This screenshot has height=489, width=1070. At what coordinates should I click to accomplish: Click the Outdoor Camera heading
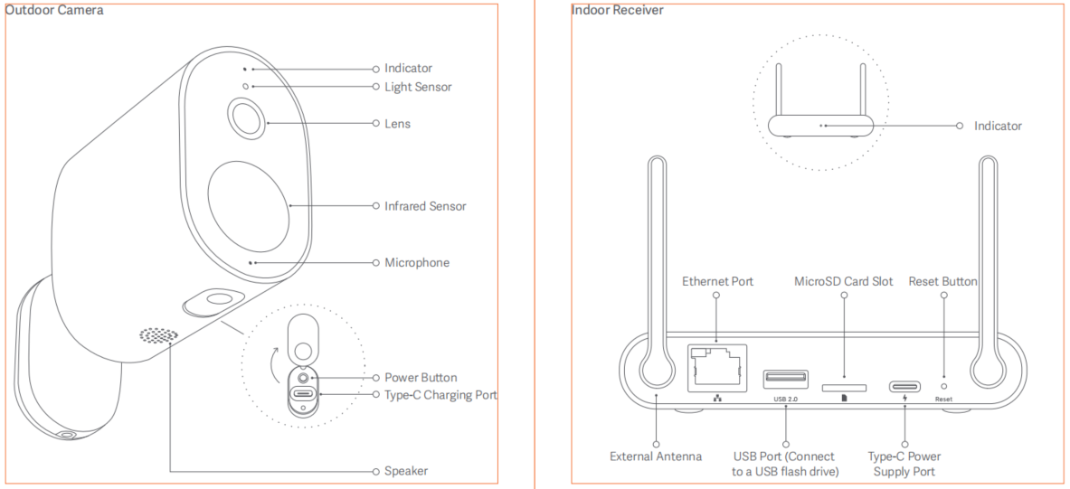click(54, 10)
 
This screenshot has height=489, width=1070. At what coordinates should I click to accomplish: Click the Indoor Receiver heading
click(617, 10)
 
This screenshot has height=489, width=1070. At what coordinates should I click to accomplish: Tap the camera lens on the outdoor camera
click(245, 119)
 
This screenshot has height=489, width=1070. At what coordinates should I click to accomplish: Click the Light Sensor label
click(417, 87)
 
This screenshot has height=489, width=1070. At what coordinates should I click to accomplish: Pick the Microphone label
click(416, 263)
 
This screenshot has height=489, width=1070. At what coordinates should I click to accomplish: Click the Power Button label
click(421, 378)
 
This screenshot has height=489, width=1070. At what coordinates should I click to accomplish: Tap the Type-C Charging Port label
click(440, 395)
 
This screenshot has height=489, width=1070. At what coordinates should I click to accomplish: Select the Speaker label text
click(406, 471)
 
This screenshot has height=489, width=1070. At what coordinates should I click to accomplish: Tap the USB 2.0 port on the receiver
click(785, 378)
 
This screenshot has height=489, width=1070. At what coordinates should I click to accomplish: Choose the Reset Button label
click(942, 282)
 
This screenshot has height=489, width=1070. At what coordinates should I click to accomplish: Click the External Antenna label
click(656, 456)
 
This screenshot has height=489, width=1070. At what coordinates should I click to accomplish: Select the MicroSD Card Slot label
click(843, 282)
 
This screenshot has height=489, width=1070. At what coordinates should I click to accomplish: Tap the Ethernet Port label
click(717, 282)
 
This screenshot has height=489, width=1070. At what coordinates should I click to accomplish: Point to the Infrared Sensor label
click(425, 206)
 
